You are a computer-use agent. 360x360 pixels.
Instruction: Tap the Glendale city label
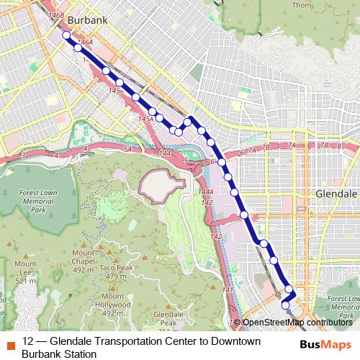(336, 194)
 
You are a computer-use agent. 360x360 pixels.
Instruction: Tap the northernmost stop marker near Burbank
(66, 35)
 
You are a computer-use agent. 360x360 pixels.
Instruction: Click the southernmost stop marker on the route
(285, 305)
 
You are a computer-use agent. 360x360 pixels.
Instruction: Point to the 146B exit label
(56, 14)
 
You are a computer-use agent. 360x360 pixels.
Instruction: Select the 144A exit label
(206, 192)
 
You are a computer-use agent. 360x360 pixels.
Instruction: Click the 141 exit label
(229, 289)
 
